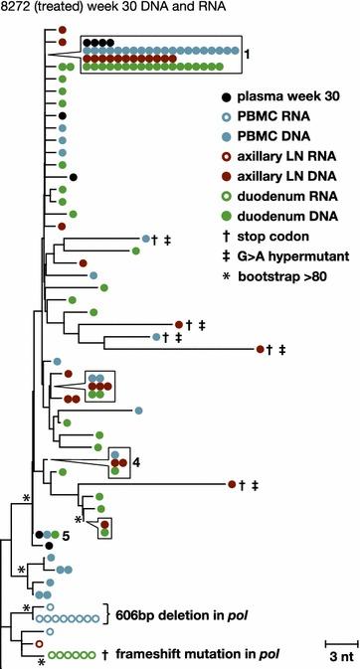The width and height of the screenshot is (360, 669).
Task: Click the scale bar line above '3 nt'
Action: point(338,638)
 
